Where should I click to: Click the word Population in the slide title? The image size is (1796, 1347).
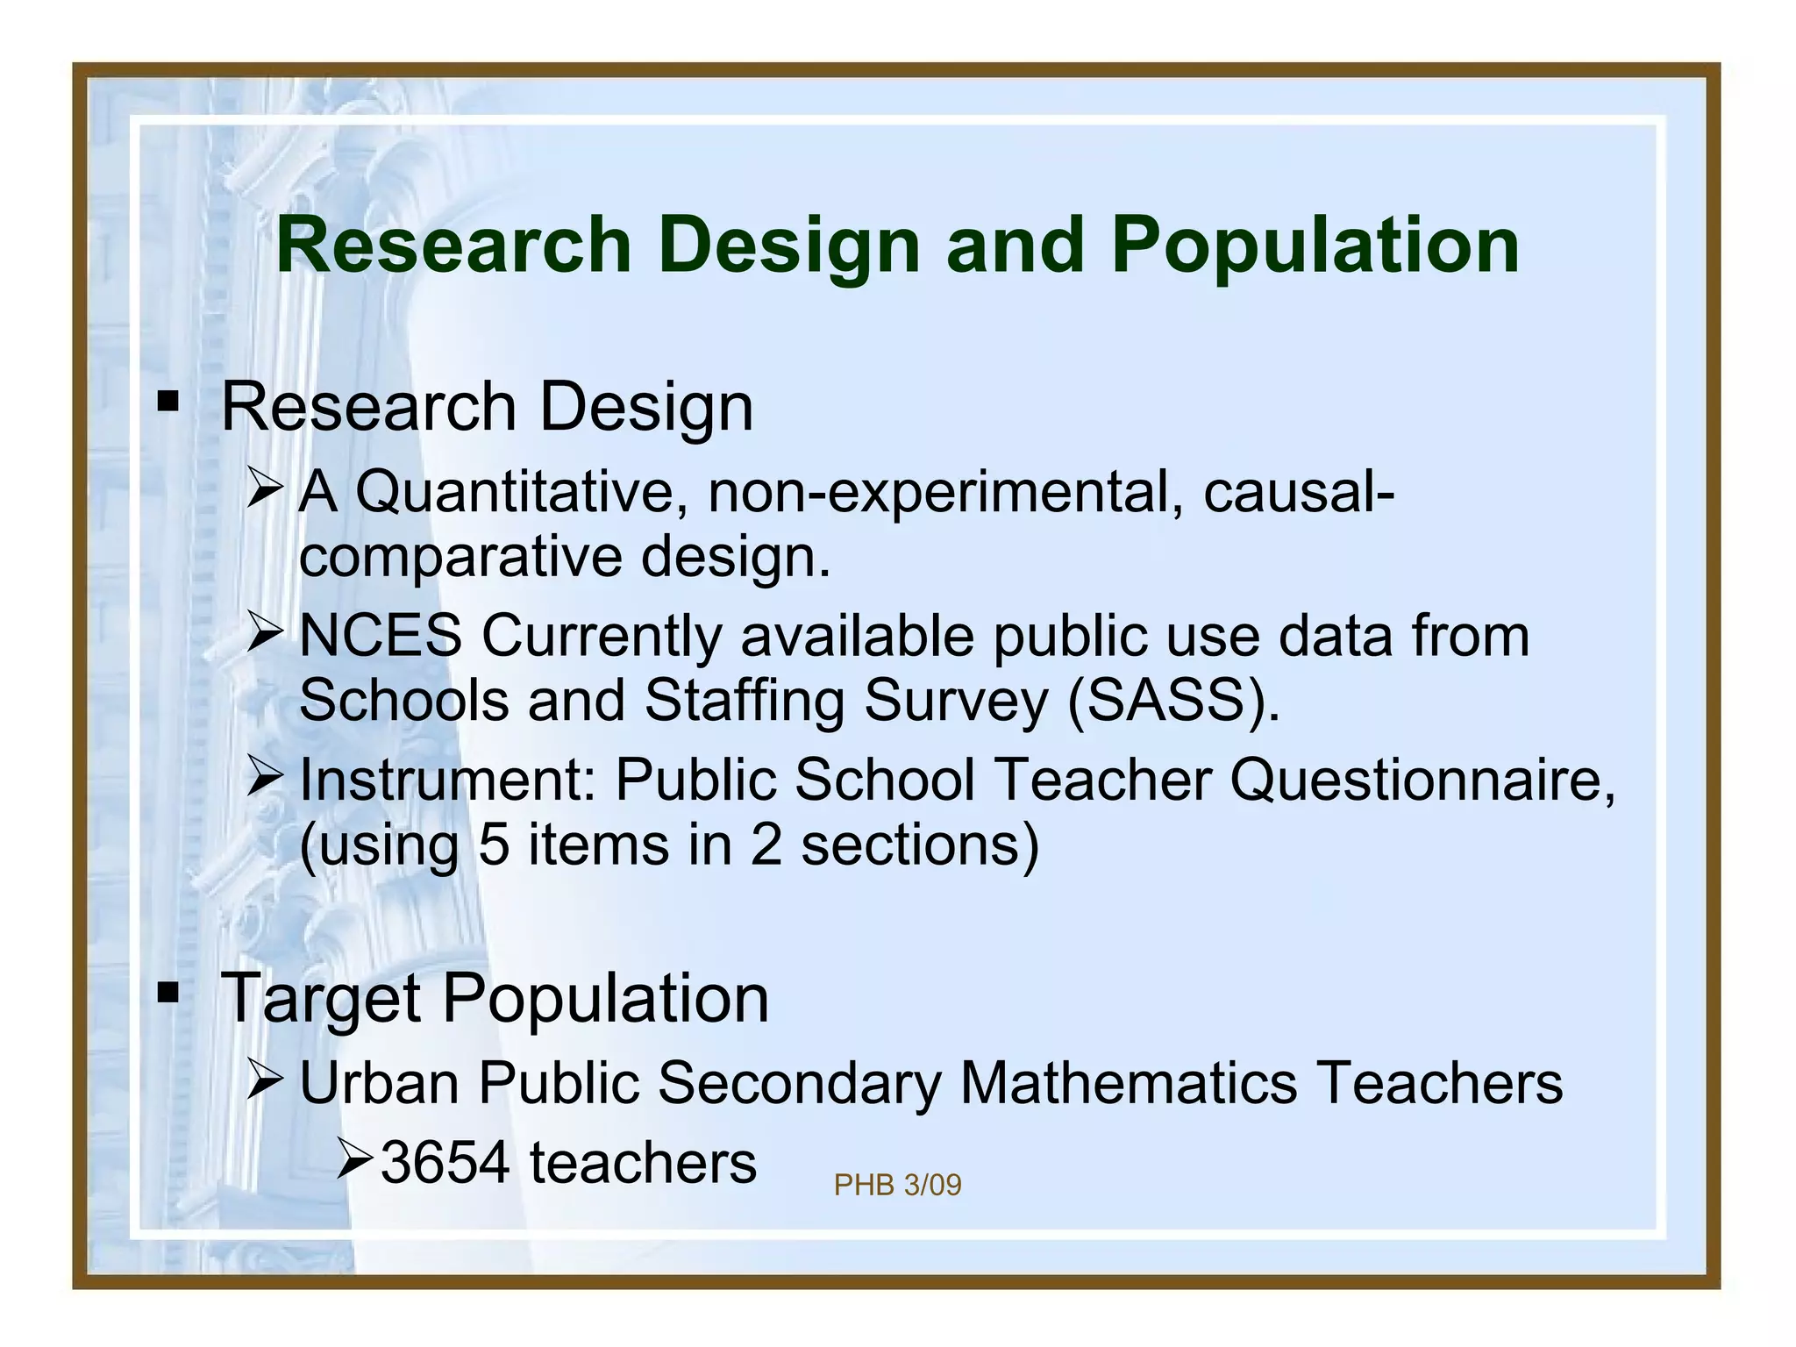tap(1315, 246)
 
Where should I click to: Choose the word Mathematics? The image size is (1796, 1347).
tap(1128, 1082)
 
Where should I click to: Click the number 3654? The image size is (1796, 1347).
tap(445, 1163)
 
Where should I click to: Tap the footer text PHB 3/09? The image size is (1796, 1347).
tap(897, 1186)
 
